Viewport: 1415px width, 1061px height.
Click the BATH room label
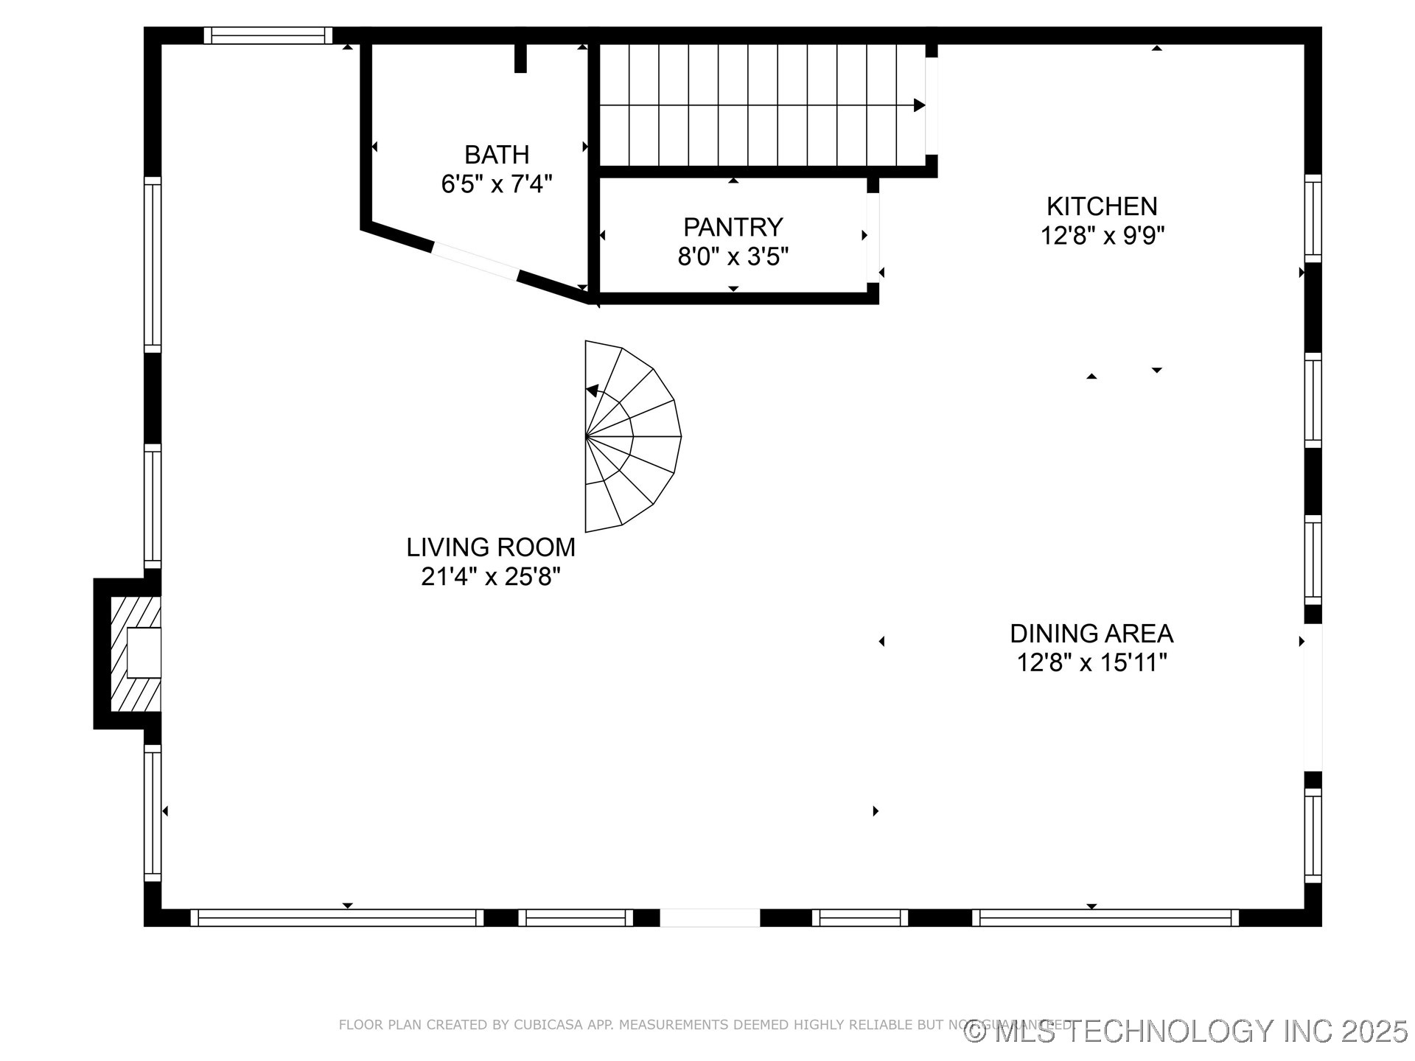[x=496, y=155]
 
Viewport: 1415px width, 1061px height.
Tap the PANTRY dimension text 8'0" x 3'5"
[x=733, y=257]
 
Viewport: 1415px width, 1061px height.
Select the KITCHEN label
[x=1102, y=206]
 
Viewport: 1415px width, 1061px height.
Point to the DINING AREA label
[x=1091, y=634]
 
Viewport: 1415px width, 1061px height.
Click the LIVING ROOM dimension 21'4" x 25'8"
[x=491, y=577]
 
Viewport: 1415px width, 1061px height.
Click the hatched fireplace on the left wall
[x=136, y=654]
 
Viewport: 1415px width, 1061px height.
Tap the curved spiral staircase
[x=630, y=436]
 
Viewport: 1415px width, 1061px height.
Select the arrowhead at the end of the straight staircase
[x=919, y=105]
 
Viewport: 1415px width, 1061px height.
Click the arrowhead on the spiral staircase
[x=592, y=391]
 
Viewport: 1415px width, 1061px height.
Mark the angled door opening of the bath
[x=475, y=262]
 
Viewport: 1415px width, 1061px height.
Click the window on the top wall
[x=268, y=35]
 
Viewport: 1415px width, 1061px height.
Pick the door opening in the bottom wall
[x=709, y=917]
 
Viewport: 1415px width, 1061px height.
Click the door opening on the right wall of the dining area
[x=1313, y=697]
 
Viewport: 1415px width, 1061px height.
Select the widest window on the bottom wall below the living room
[x=337, y=917]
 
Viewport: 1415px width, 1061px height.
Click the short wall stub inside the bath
[x=520, y=58]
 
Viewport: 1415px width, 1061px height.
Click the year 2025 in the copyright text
[x=1374, y=1032]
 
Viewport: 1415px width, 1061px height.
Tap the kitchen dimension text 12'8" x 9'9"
[x=1102, y=237]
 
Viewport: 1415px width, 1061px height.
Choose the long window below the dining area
[x=1105, y=917]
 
